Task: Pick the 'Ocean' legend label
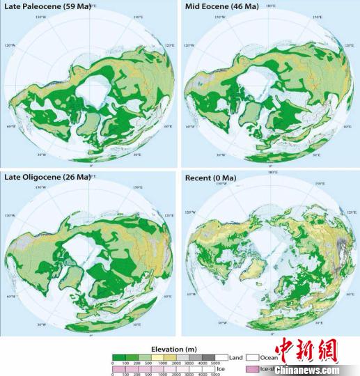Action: (x=269, y=357)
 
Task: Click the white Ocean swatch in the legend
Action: (x=255, y=357)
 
